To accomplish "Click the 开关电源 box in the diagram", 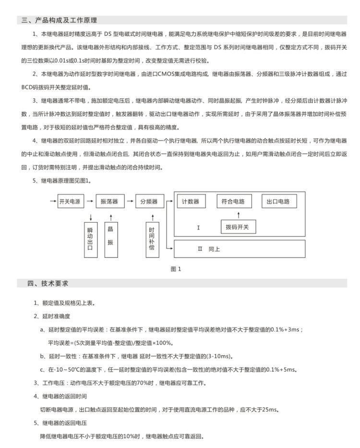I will tap(71, 202).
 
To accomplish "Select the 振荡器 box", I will tap(109, 202).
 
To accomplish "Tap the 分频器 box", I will tap(149, 202).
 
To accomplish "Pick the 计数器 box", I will tap(191, 201).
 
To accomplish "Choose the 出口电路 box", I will tap(278, 201).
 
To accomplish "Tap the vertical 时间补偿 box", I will tap(151, 238).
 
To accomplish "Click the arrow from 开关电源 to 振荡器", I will tap(90, 202).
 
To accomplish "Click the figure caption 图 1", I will tap(176, 269).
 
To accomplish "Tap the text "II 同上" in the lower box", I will tap(209, 249).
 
